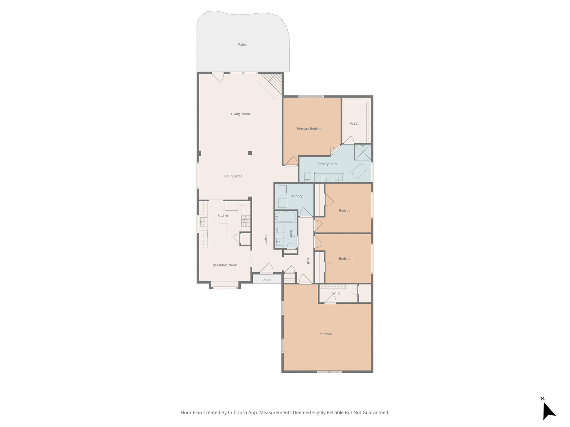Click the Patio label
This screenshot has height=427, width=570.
pyautogui.click(x=242, y=44)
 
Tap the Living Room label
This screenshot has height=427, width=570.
pyautogui.click(x=240, y=114)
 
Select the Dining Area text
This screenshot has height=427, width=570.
pyautogui.click(x=233, y=176)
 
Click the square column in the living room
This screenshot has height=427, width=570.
pyautogui.click(x=250, y=153)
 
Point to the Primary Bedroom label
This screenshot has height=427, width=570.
pyautogui.click(x=311, y=129)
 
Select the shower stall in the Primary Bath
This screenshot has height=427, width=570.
pyautogui.click(x=362, y=152)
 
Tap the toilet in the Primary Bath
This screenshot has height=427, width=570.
pyautogui.click(x=307, y=177)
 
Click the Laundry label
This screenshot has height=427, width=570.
pyautogui.click(x=296, y=196)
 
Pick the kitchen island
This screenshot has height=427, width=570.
pyautogui.click(x=224, y=235)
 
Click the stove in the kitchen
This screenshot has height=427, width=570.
pyautogui.click(x=246, y=221)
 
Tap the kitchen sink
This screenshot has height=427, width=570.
pyautogui.click(x=203, y=222)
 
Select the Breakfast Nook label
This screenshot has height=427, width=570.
pyautogui.click(x=225, y=265)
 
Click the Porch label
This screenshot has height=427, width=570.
pyautogui.click(x=267, y=280)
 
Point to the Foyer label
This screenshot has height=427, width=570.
pyautogui.click(x=266, y=240)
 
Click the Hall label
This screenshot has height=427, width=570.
pyautogui.click(x=308, y=261)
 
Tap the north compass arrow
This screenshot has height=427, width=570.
pyautogui.click(x=549, y=410)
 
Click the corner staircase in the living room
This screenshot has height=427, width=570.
pyautogui.click(x=270, y=86)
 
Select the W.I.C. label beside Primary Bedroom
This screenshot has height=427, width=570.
pyautogui.click(x=354, y=124)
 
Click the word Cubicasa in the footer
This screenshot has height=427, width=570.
pyautogui.click(x=238, y=412)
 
